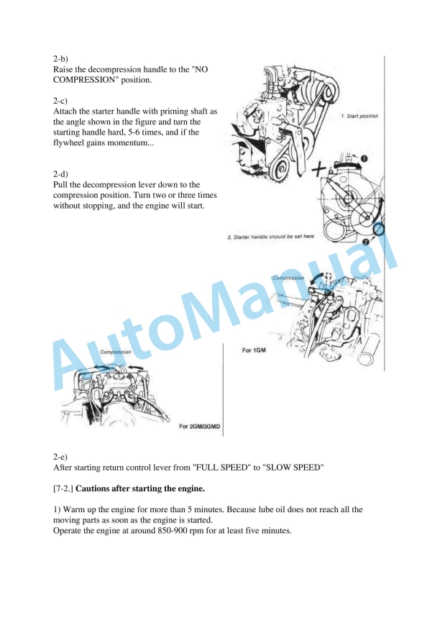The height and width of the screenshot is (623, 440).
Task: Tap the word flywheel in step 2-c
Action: tap(70, 144)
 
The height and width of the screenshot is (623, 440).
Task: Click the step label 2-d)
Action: tap(61, 174)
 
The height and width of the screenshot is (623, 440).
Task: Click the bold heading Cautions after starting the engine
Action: tap(139, 488)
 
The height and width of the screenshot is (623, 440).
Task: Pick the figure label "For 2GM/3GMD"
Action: tap(199, 427)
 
